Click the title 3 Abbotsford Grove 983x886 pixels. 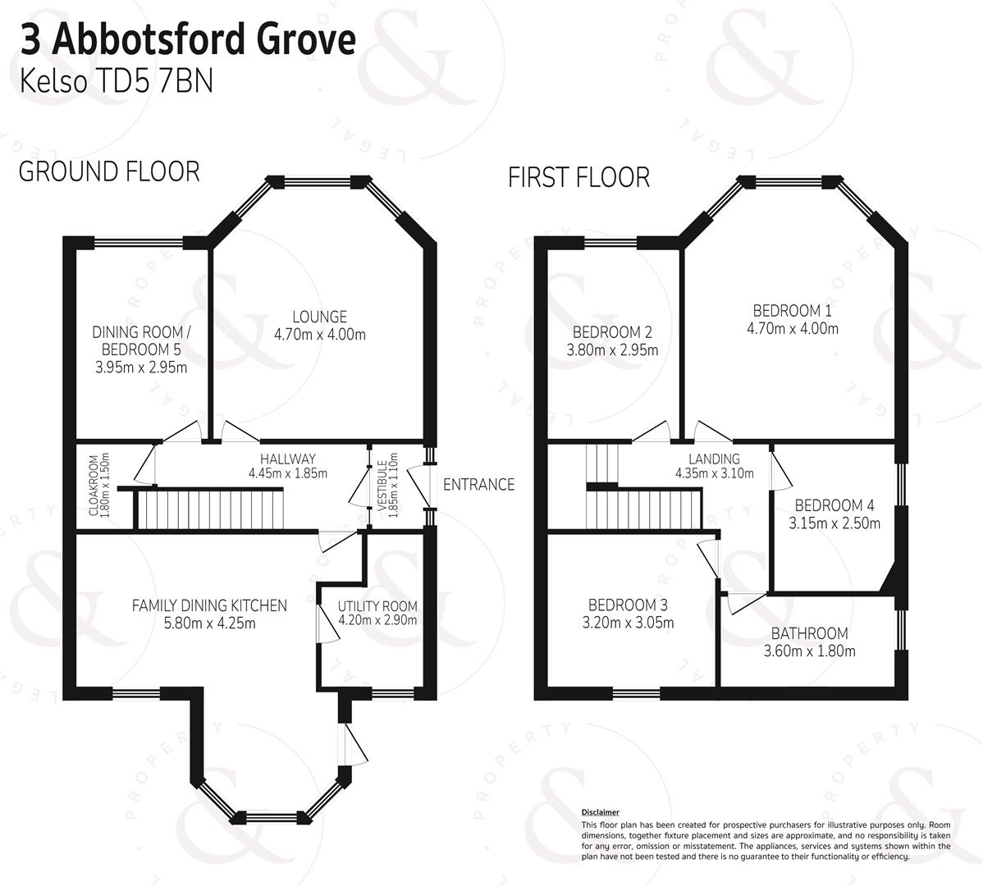pyautogui.click(x=188, y=39)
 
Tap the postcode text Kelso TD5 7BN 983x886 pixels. pyautogui.click(x=116, y=82)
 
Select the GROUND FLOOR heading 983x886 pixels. pyautogui.click(x=109, y=171)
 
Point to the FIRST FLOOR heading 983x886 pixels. pyautogui.click(x=578, y=177)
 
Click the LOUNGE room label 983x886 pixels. pyautogui.click(x=319, y=317)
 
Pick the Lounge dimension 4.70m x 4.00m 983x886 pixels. pyautogui.click(x=319, y=335)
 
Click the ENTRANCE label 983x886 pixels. pyautogui.click(x=478, y=485)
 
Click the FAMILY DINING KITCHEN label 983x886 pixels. pyautogui.click(x=209, y=605)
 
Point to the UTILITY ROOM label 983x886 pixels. pyautogui.click(x=377, y=606)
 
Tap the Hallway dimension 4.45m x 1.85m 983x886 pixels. pyautogui.click(x=287, y=473)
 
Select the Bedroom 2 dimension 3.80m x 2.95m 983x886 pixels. pyautogui.click(x=612, y=350)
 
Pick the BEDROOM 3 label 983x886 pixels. pyautogui.click(x=624, y=605)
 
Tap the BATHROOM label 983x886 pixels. pyautogui.click(x=809, y=633)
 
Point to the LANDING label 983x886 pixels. pyautogui.click(x=713, y=459)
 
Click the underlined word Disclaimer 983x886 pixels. pyautogui.click(x=600, y=811)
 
